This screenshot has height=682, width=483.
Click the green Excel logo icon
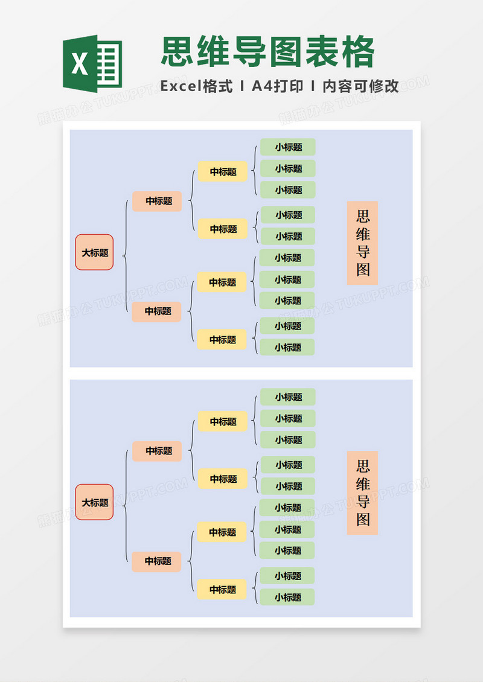tap(92, 63)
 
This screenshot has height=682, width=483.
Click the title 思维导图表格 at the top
tap(268, 52)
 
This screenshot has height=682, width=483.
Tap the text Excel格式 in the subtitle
tap(197, 86)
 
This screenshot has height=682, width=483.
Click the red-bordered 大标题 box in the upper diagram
tap(94, 252)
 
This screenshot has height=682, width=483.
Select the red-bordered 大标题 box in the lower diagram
tap(94, 502)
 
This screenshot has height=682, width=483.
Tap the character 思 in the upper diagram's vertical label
tap(363, 217)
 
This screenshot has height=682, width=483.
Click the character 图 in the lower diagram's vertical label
tap(363, 519)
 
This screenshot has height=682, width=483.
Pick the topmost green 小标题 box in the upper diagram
tap(288, 147)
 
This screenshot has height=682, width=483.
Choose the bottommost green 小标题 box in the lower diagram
tap(287, 598)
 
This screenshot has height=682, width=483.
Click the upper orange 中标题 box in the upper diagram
tap(157, 201)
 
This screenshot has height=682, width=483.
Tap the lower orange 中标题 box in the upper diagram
tap(157, 311)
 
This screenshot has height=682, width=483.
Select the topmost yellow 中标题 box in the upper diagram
tap(223, 172)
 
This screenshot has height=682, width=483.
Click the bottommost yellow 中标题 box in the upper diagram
tap(222, 340)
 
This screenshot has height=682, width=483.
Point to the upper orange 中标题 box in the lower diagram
tap(157, 451)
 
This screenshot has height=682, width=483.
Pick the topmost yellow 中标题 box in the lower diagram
tap(223, 422)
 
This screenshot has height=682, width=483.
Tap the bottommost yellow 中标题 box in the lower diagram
tap(222, 590)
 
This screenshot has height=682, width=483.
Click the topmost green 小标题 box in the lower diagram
tap(288, 397)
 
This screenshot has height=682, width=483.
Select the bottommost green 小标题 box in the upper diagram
tap(287, 348)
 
